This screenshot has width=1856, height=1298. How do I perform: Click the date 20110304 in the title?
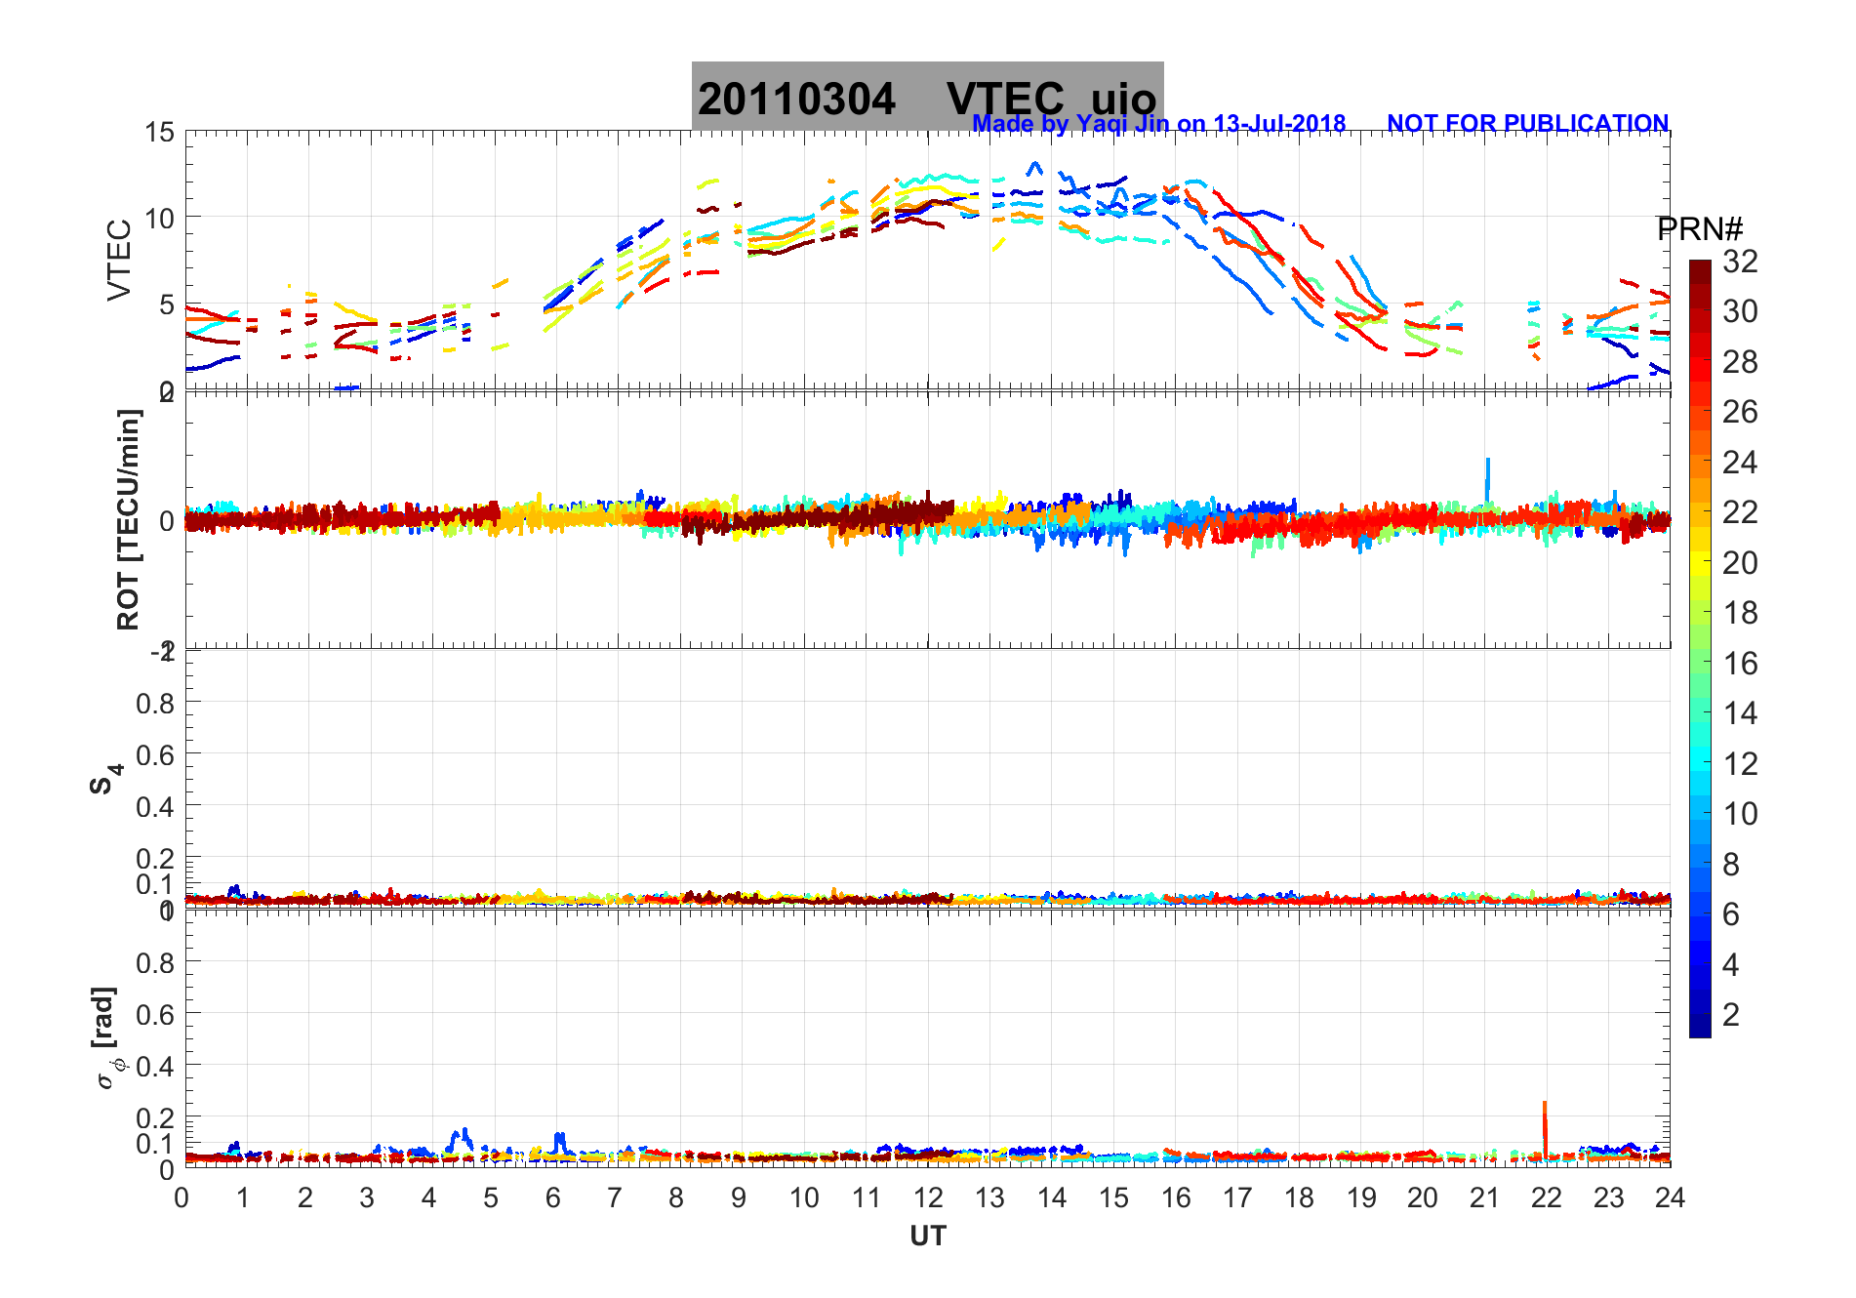796,100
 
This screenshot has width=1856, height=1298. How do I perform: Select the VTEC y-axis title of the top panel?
119,260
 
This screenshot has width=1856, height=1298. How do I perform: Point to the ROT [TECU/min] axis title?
129,519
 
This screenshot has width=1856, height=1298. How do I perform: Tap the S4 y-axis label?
104,778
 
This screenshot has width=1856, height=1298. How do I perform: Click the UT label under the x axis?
927,1237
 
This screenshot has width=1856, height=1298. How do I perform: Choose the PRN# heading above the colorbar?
1700,229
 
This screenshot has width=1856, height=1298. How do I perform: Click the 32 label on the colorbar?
1740,262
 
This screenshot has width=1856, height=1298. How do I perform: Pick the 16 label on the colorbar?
1740,664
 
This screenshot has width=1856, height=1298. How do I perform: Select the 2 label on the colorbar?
1731,1015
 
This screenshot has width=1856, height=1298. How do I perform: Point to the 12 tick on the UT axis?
928,1197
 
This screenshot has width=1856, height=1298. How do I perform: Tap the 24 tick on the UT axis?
1670,1197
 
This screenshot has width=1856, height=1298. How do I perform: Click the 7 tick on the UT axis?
615,1197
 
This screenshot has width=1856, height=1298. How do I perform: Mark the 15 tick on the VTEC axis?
160,133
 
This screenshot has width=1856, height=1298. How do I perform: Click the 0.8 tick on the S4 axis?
155,704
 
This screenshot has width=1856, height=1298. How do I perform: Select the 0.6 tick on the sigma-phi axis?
155,1015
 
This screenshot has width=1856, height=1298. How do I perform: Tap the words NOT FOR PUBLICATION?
1527,124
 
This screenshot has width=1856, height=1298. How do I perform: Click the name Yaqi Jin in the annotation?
1122,124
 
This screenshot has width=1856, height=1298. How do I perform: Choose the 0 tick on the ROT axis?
167,521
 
